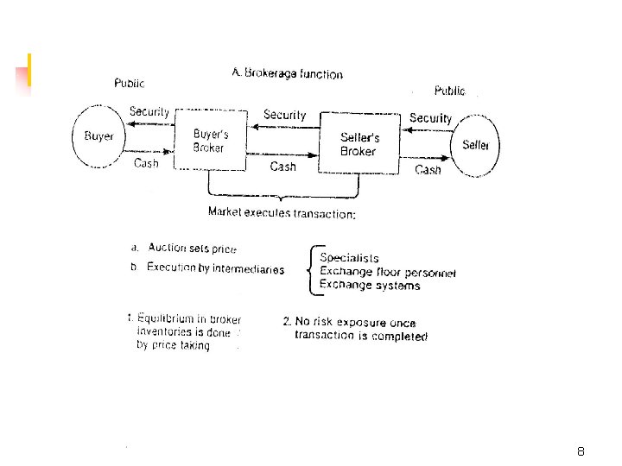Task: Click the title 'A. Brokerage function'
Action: click(287, 74)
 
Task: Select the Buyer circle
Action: click(98, 136)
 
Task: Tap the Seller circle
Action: click(475, 145)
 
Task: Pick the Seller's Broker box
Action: click(359, 144)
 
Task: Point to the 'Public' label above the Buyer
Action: click(130, 84)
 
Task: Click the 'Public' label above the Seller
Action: click(449, 91)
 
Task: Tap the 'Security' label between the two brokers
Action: click(284, 115)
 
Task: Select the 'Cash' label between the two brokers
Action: click(282, 167)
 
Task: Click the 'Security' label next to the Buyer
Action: click(149, 111)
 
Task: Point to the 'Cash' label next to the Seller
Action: click(428, 170)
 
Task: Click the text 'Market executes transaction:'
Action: click(282, 213)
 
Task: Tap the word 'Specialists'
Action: click(349, 257)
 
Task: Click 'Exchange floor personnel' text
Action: click(388, 272)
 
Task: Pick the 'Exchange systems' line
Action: click(370, 285)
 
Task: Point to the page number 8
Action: click(581, 451)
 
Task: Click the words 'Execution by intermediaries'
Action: click(215, 268)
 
